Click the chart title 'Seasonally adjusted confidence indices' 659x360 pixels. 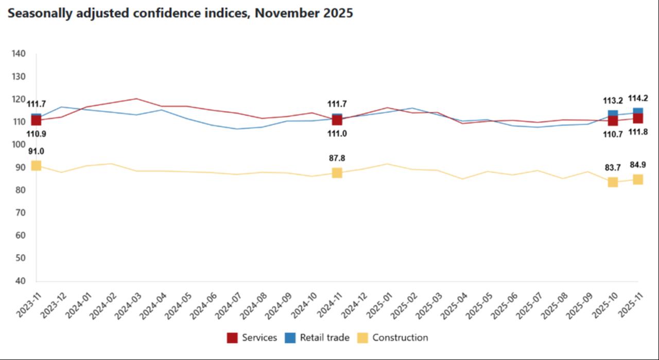tap(180, 14)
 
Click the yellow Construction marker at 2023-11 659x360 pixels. tap(36, 165)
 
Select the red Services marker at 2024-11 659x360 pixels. tap(337, 120)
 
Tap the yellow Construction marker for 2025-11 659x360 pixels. tap(637, 179)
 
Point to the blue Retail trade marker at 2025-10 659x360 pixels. tap(613, 114)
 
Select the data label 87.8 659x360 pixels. tap(337, 158)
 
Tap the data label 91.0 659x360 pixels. tap(36, 151)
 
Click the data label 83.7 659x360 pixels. tap(613, 167)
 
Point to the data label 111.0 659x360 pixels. tap(337, 133)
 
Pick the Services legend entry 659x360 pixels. tap(252, 338)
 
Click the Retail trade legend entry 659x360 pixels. tap(317, 338)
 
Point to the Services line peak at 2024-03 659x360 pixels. tap(136, 99)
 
